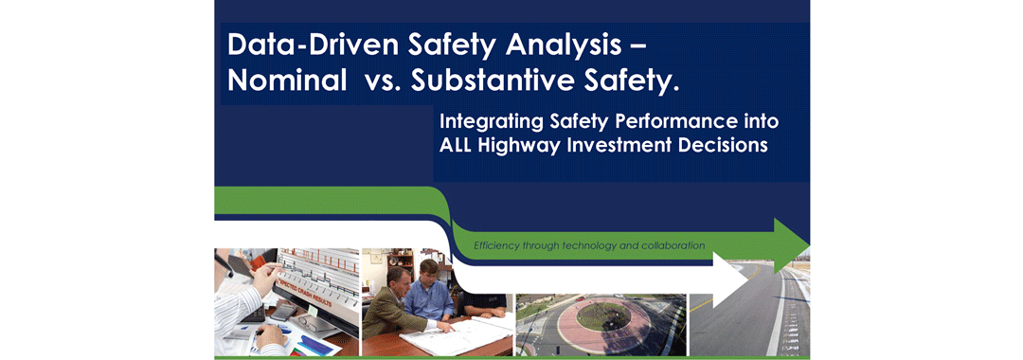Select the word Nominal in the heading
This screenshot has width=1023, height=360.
tap(287, 81)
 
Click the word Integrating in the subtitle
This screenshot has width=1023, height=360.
tap(492, 122)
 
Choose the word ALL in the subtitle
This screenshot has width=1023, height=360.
tap(456, 145)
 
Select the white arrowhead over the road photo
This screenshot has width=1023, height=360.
tap(729, 280)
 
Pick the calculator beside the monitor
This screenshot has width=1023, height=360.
tap(284, 312)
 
